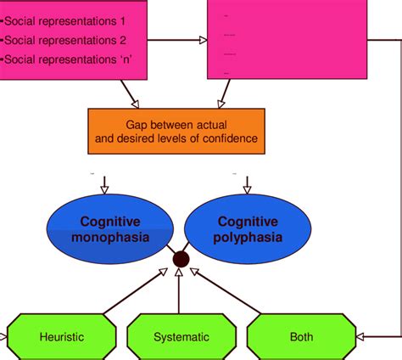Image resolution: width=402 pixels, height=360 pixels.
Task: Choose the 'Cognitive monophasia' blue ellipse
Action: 109,229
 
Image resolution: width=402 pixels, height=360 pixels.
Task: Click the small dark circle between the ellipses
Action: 180,259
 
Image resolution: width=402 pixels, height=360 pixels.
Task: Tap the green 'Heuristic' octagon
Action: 61,336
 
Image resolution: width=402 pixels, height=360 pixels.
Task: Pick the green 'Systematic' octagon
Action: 181,336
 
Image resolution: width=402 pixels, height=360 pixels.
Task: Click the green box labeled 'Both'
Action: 300,336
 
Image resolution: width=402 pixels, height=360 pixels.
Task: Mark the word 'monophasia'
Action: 109,239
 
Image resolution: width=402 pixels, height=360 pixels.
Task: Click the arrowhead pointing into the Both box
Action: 360,336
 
